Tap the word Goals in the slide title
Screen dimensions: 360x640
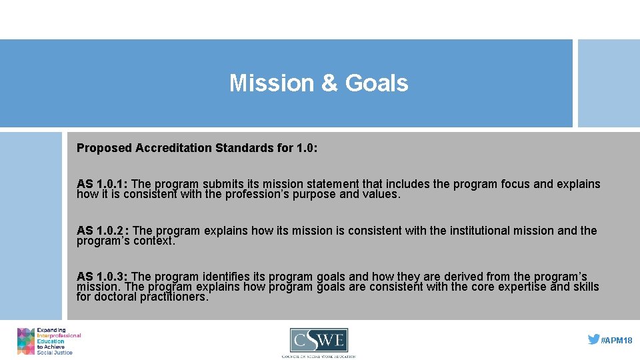coord(376,83)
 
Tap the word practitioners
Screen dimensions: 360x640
coord(174,297)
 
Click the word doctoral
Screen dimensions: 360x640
coord(115,297)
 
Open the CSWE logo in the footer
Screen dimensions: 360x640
coord(319,341)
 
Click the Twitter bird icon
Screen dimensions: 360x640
coord(593,339)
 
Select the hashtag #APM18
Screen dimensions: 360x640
coord(617,341)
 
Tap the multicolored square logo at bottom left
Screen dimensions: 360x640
coord(26,341)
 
